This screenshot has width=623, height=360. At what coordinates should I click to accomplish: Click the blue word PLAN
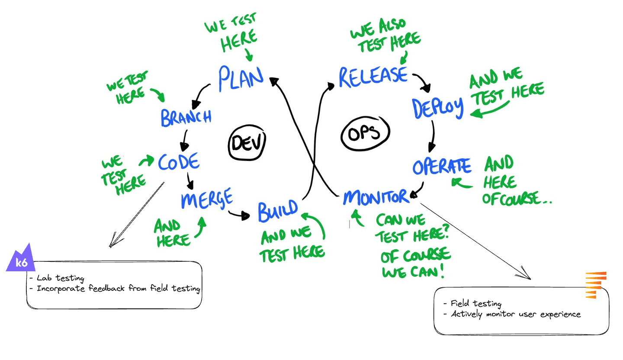point(241,79)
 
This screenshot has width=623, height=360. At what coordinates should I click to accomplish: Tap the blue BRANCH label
point(186,117)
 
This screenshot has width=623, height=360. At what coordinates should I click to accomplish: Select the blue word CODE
point(178,162)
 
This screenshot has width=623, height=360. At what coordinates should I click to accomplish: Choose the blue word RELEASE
point(373,77)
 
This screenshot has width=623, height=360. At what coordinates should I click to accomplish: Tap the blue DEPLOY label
point(437,108)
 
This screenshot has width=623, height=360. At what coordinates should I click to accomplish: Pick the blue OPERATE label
point(441,167)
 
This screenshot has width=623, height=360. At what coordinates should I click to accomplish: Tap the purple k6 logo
point(20,259)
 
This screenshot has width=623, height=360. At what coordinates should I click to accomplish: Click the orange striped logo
point(596,285)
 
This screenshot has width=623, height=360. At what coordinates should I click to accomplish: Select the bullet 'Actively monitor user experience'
point(515,314)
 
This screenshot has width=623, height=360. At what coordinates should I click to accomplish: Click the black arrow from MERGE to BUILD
point(239,214)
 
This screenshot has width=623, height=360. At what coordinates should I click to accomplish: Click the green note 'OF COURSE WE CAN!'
point(414,264)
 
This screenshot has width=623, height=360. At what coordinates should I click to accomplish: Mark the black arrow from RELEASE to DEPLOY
point(421,82)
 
